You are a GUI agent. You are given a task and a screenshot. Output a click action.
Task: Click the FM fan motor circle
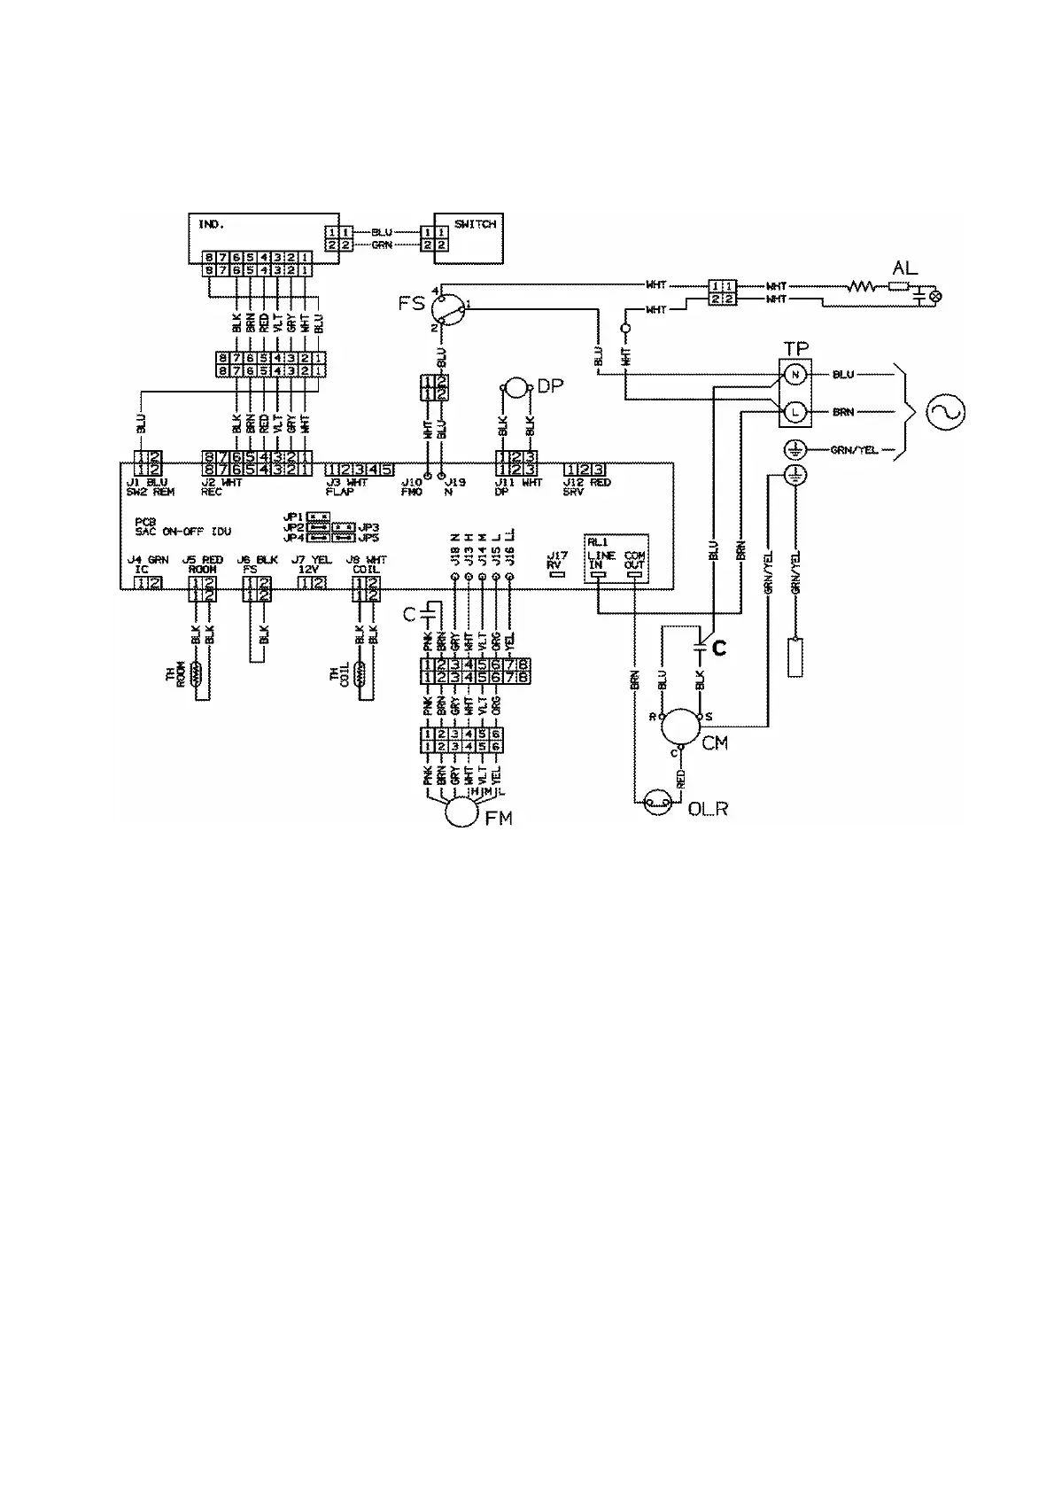[x=461, y=810]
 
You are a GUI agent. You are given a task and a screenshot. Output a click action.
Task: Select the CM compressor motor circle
[x=682, y=727]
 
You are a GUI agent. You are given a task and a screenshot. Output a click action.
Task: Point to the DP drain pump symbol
[x=516, y=387]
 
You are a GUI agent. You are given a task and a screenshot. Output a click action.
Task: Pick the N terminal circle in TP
[x=794, y=375]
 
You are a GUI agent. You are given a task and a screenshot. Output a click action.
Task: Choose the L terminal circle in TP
[x=794, y=411]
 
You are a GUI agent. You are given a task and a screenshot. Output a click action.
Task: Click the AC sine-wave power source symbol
[x=944, y=411]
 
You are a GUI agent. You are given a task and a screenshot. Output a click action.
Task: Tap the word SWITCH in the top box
[x=475, y=224]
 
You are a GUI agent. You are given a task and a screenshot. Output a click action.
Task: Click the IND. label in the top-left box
[x=211, y=224]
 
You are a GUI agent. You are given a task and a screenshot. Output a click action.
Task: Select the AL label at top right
[x=905, y=267]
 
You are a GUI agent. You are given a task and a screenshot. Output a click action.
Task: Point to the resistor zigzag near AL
[x=860, y=286]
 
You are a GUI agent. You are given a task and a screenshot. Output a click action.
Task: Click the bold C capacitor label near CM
[x=719, y=649]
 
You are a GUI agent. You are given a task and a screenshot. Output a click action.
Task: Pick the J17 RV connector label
[x=556, y=560]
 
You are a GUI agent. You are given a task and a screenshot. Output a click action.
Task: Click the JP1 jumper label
[x=293, y=516]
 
